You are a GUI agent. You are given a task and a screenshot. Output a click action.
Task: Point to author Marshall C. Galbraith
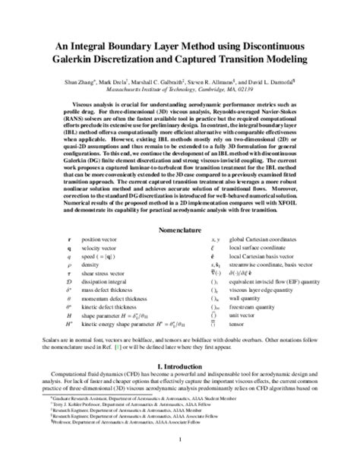tap(188, 78)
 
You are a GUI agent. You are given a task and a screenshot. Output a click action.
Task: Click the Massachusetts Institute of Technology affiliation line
tap(180, 87)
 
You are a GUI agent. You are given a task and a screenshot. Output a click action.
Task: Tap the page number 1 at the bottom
tap(180, 438)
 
